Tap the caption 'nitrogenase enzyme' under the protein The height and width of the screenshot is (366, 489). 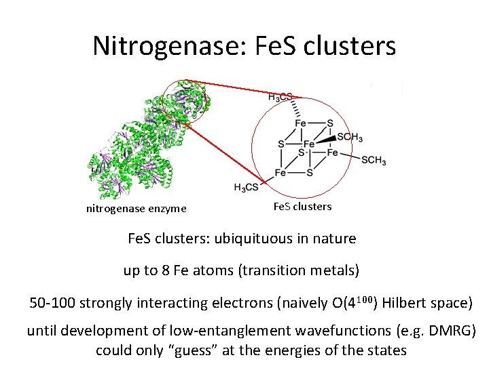(136, 209)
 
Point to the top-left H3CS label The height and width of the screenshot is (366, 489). (280, 97)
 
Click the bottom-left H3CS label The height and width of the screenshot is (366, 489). (247, 187)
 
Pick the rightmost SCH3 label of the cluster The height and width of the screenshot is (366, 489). (374, 161)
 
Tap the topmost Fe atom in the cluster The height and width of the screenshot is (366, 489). (300, 123)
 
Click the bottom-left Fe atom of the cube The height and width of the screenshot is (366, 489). (280, 174)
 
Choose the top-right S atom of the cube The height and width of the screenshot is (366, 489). (330, 123)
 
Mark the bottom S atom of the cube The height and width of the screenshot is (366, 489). (310, 174)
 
